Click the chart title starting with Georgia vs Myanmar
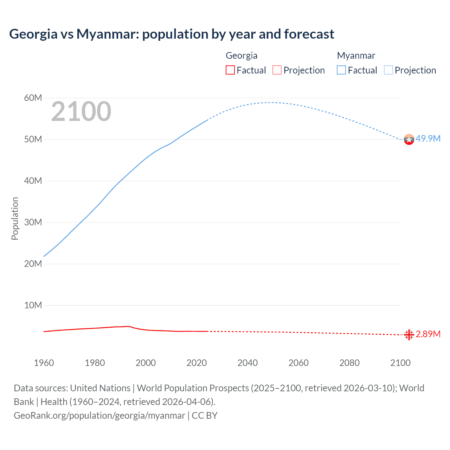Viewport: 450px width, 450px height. (172, 34)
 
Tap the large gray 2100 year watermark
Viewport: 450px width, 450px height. (81, 111)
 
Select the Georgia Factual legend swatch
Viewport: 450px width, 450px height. (230, 70)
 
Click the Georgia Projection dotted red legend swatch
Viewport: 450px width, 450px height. (277, 70)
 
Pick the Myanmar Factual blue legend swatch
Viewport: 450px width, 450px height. (341, 70)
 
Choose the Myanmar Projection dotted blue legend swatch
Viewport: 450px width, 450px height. (388, 70)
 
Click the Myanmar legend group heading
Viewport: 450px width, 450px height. (356, 56)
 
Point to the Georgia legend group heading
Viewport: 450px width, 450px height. (242, 56)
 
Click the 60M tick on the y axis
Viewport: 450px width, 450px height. (33, 98)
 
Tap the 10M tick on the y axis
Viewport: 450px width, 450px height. (33, 305)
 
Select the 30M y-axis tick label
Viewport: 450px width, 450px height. (33, 222)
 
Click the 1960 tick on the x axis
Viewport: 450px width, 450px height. (44, 363)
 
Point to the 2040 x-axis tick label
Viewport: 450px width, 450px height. (247, 363)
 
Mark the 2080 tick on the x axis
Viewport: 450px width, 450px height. (349, 363)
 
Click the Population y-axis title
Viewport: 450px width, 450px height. (15, 218)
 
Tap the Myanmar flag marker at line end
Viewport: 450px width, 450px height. (409, 140)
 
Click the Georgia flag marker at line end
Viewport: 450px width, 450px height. (409, 335)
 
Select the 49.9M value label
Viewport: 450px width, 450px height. (428, 139)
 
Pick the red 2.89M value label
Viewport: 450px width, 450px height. (428, 334)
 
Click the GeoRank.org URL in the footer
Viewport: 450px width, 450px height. (99, 416)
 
